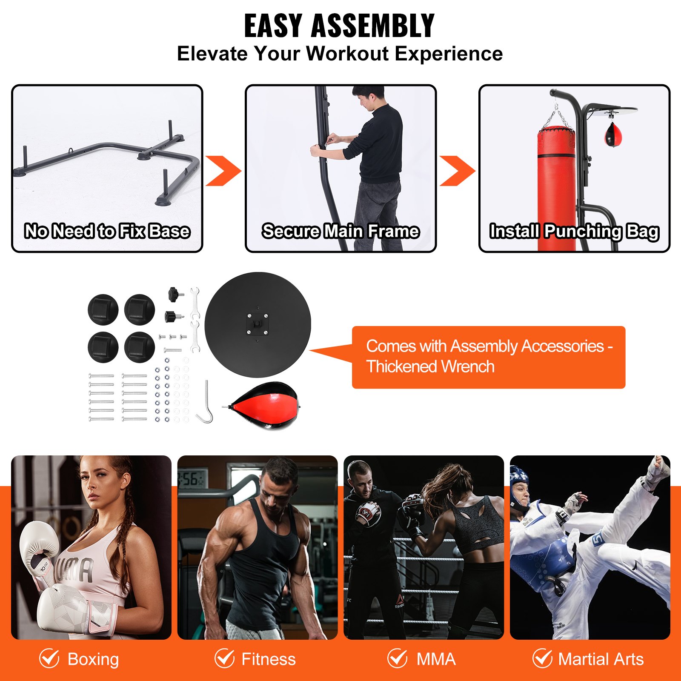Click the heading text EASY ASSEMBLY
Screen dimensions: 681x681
pos(339,26)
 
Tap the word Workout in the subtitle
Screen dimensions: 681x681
pos(347,54)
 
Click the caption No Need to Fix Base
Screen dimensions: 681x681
pos(107,231)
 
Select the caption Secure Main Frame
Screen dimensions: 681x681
pos(340,231)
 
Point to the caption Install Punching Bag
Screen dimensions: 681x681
pos(574,231)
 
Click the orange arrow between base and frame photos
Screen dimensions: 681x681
pos(223,171)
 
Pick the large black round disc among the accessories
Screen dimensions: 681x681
pos(258,324)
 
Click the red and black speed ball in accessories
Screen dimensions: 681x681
pos(264,406)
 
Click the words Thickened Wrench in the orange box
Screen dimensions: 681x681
pos(430,367)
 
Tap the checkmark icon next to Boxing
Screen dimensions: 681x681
pos(49,658)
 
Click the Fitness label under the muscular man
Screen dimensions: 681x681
pos(269,659)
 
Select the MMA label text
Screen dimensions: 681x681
pos(436,659)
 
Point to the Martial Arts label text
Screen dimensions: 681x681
pos(601,659)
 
